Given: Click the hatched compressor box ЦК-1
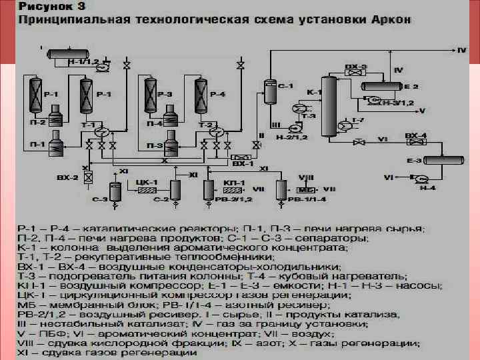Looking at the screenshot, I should pos(147,189).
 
